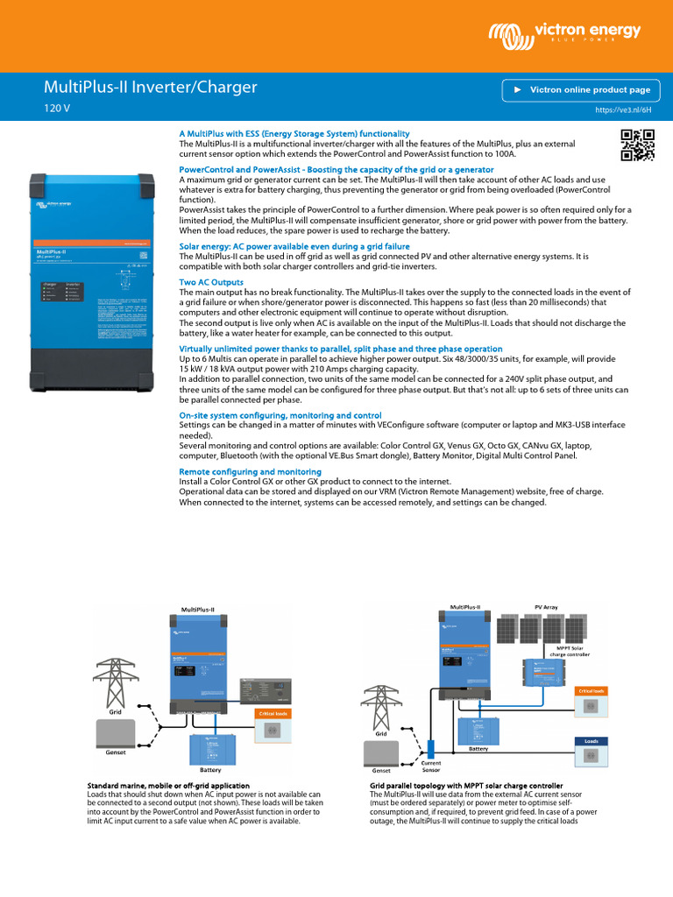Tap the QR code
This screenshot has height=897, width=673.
point(637,145)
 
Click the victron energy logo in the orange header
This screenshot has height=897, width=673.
point(565,34)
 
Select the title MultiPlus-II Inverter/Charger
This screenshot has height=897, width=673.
point(151,87)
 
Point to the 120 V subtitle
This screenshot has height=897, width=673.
point(57,109)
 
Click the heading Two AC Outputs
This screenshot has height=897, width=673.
point(211,281)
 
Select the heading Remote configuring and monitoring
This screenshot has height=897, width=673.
point(250,471)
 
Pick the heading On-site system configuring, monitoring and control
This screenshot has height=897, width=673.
point(280,414)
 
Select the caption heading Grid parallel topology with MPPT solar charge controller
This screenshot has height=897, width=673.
point(465,786)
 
